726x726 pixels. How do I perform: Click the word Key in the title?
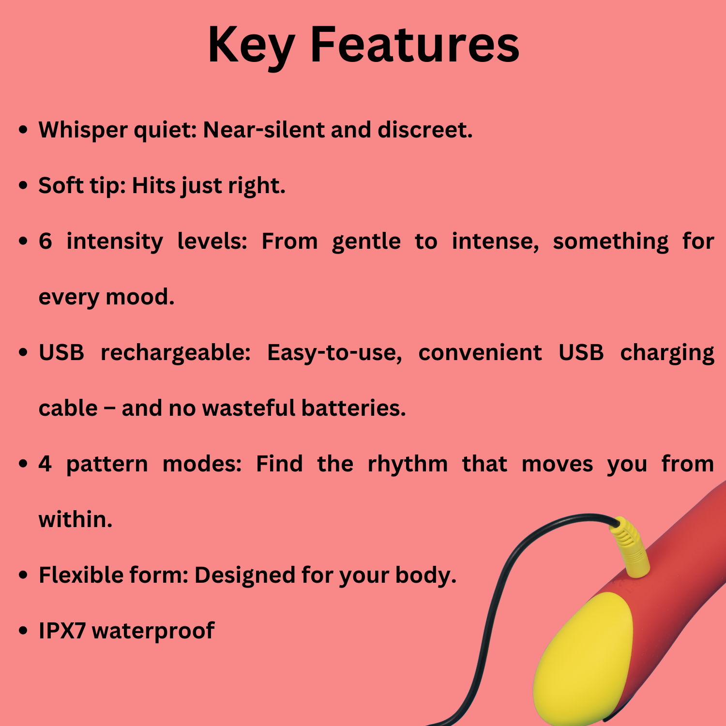pos(251,46)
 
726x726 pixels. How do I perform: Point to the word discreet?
pos(425,130)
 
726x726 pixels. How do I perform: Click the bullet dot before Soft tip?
pos(23,186)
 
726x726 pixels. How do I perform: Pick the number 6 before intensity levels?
pos(45,241)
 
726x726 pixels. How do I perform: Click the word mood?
pos(140,297)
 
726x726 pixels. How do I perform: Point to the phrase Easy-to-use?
pos(334,352)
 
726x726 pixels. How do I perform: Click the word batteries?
pos(353,408)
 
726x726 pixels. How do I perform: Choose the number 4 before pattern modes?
pos(45,464)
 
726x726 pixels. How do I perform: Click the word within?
pos(76,519)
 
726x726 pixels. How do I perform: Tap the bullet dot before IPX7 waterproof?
pos(23,631)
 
